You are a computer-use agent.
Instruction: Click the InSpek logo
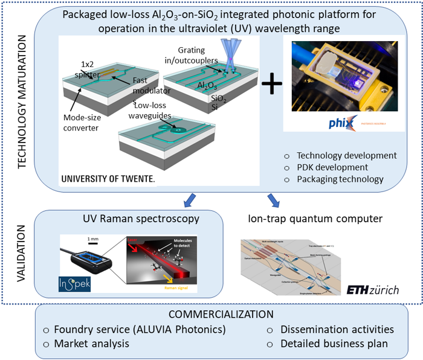pos(74,283)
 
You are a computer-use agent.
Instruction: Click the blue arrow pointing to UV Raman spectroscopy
pos(190,199)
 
